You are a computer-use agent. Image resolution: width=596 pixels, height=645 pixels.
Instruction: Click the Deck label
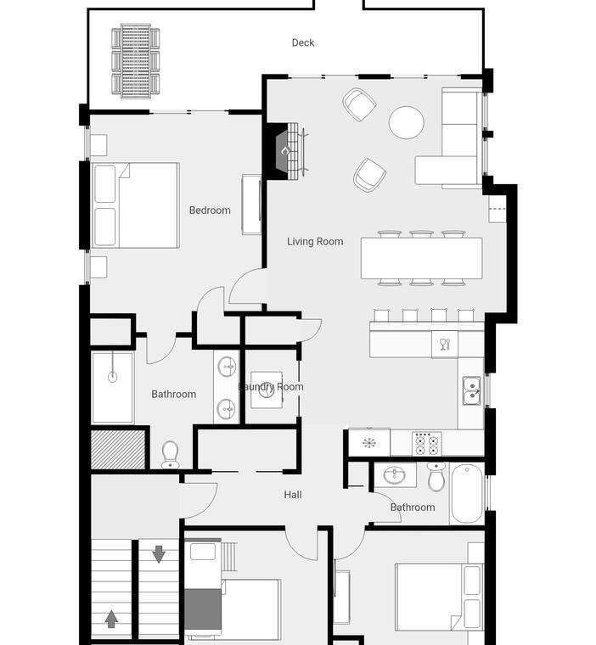point(303,42)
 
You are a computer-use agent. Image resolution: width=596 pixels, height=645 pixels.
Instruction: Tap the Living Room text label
point(315,242)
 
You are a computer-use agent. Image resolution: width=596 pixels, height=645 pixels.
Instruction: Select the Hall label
point(293,495)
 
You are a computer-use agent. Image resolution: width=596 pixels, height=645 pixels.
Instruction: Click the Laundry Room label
point(272,387)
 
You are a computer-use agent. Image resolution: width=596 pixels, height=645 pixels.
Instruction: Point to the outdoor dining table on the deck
point(136,61)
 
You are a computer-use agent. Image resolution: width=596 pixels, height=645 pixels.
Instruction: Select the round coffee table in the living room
point(407,122)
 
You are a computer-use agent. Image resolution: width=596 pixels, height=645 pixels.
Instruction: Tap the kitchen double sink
point(471,390)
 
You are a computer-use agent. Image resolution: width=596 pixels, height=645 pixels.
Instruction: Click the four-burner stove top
point(427,444)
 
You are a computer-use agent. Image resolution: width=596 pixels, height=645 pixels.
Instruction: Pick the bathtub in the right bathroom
point(467,494)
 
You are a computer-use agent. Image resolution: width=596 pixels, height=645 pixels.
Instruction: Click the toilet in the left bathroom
point(170,455)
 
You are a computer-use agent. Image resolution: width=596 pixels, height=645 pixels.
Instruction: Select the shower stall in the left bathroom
point(112,388)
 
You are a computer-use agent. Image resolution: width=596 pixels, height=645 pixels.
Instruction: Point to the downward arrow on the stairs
point(159,554)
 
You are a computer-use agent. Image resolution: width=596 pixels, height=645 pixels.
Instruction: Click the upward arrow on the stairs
point(111,619)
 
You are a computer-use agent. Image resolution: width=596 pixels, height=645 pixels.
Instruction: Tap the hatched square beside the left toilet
point(118,450)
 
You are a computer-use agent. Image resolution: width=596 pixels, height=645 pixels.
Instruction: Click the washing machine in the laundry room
point(267,390)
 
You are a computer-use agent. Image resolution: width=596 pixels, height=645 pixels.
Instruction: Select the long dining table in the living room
point(421,258)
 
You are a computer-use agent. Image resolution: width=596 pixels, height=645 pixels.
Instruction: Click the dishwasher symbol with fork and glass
point(445,345)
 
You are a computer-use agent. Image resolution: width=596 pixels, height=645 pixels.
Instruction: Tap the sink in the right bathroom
point(394,475)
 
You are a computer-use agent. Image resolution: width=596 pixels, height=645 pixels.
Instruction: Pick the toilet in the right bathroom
point(436,476)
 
